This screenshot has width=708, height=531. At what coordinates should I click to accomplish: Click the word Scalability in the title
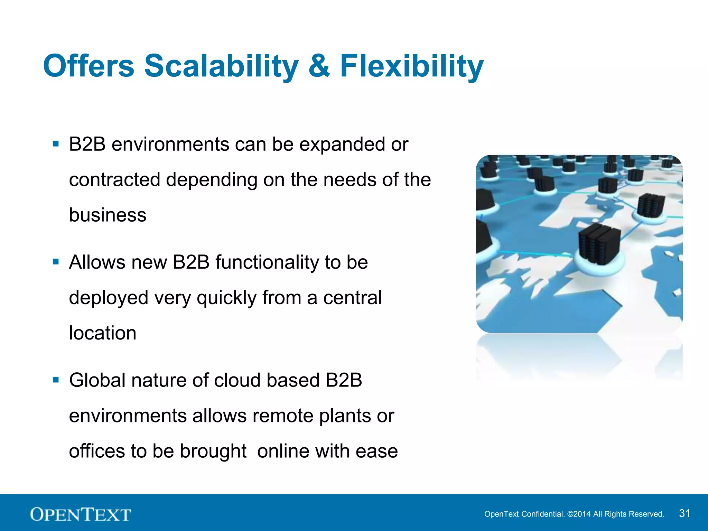[221, 66]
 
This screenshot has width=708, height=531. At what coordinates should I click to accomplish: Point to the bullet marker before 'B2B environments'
[56, 143]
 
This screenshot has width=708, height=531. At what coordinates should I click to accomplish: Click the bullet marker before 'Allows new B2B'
[56, 261]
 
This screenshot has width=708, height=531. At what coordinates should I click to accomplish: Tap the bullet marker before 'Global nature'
[56, 380]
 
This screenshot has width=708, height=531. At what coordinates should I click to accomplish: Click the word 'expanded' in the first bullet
[342, 145]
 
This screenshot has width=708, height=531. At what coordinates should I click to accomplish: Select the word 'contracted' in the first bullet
[114, 180]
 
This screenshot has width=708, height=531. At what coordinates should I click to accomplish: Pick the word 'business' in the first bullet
[108, 215]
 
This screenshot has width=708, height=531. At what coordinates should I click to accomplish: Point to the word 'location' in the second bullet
[102, 333]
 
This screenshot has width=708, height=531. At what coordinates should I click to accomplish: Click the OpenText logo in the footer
[81, 514]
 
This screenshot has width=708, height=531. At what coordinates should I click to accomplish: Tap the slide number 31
[684, 513]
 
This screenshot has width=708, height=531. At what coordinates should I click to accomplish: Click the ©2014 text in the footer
[579, 514]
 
